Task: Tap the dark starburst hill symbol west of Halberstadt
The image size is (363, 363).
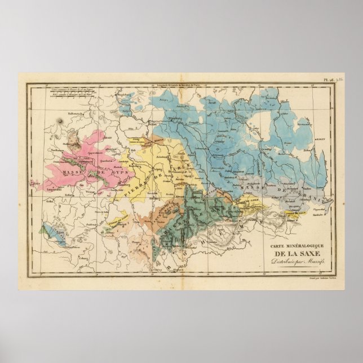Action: click(x=59, y=119)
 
